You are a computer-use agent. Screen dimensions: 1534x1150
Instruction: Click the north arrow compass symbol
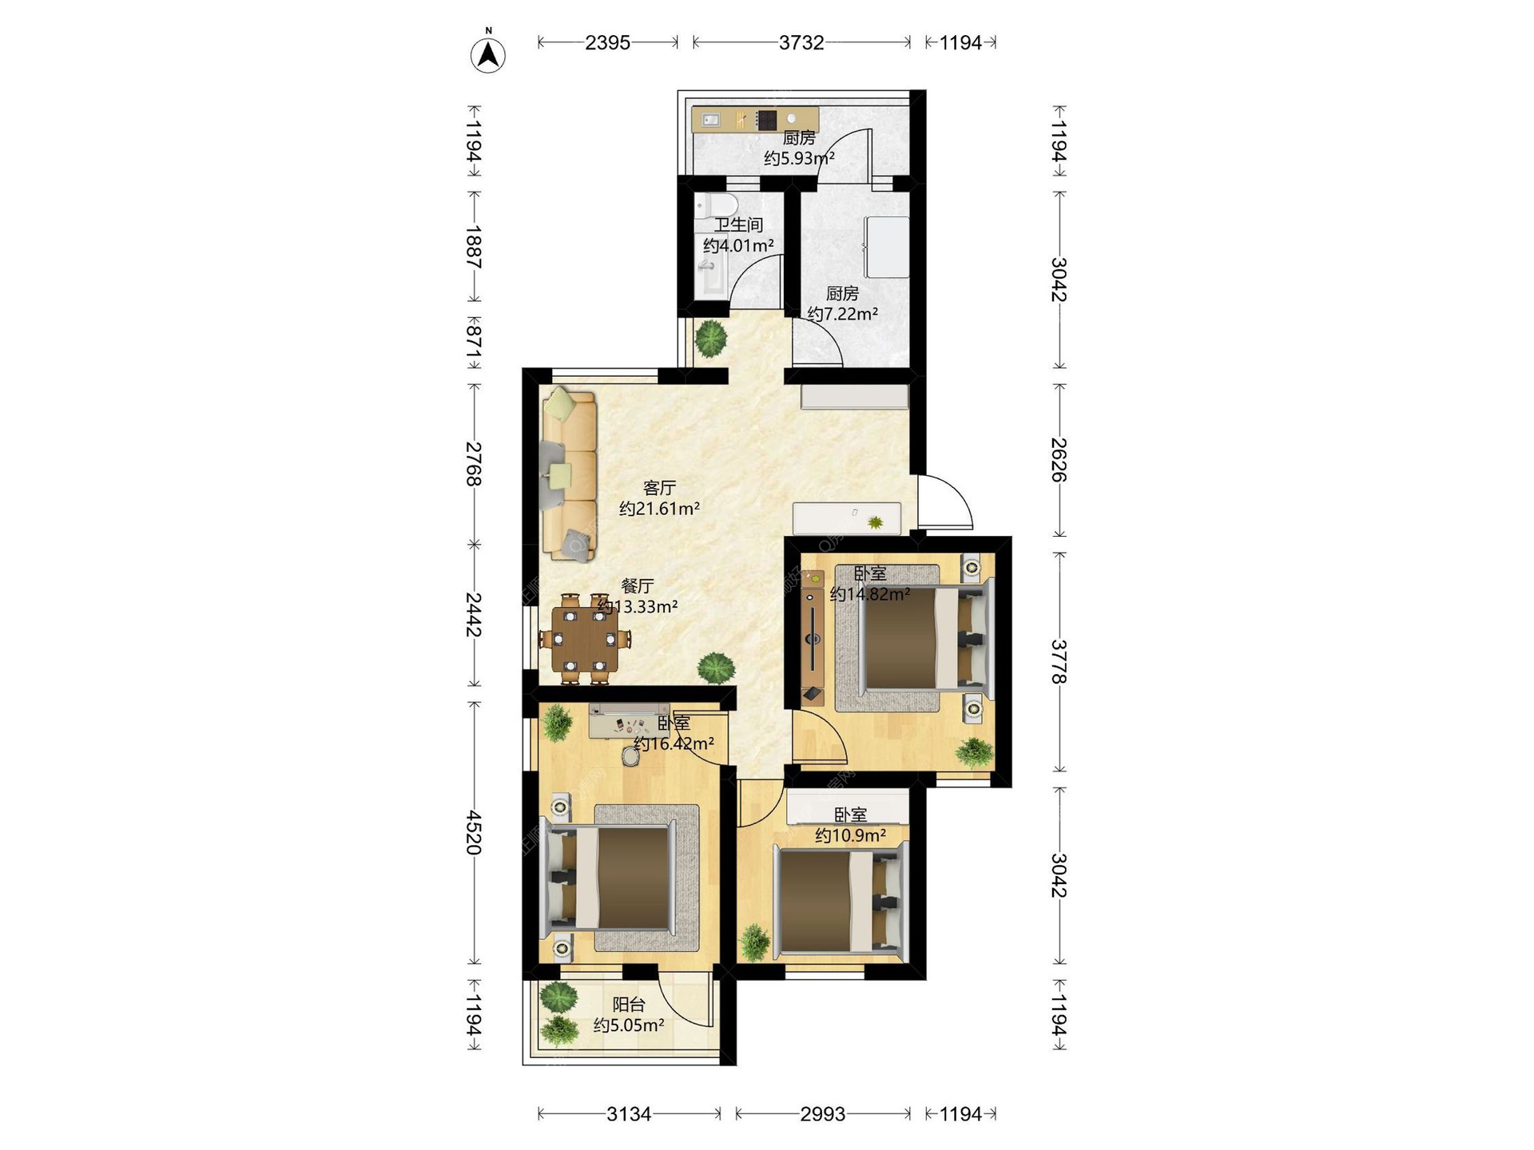(x=488, y=52)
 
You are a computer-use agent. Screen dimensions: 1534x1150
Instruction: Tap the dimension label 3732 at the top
(x=801, y=43)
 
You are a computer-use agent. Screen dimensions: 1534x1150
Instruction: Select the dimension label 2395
(x=607, y=43)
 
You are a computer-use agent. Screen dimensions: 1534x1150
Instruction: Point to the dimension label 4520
(x=475, y=833)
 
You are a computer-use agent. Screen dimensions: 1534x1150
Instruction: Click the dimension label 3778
(x=1059, y=661)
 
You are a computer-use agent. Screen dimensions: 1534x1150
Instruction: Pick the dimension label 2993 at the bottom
(x=823, y=1114)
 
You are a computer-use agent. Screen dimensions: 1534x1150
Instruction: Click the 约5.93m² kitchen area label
(x=799, y=158)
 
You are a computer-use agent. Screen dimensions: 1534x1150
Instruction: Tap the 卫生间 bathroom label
(x=738, y=225)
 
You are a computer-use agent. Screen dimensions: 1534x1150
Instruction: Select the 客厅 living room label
(x=660, y=488)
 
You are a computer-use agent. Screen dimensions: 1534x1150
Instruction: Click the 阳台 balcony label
(x=629, y=1005)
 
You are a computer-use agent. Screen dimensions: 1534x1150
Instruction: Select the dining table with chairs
(x=585, y=639)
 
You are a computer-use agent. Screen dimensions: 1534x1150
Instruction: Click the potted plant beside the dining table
(x=715, y=668)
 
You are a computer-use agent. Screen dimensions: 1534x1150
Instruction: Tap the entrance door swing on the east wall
(x=945, y=502)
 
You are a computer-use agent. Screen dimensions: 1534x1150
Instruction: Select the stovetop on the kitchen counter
(x=766, y=120)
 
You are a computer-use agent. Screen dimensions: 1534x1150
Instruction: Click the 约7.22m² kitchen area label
(x=843, y=314)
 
